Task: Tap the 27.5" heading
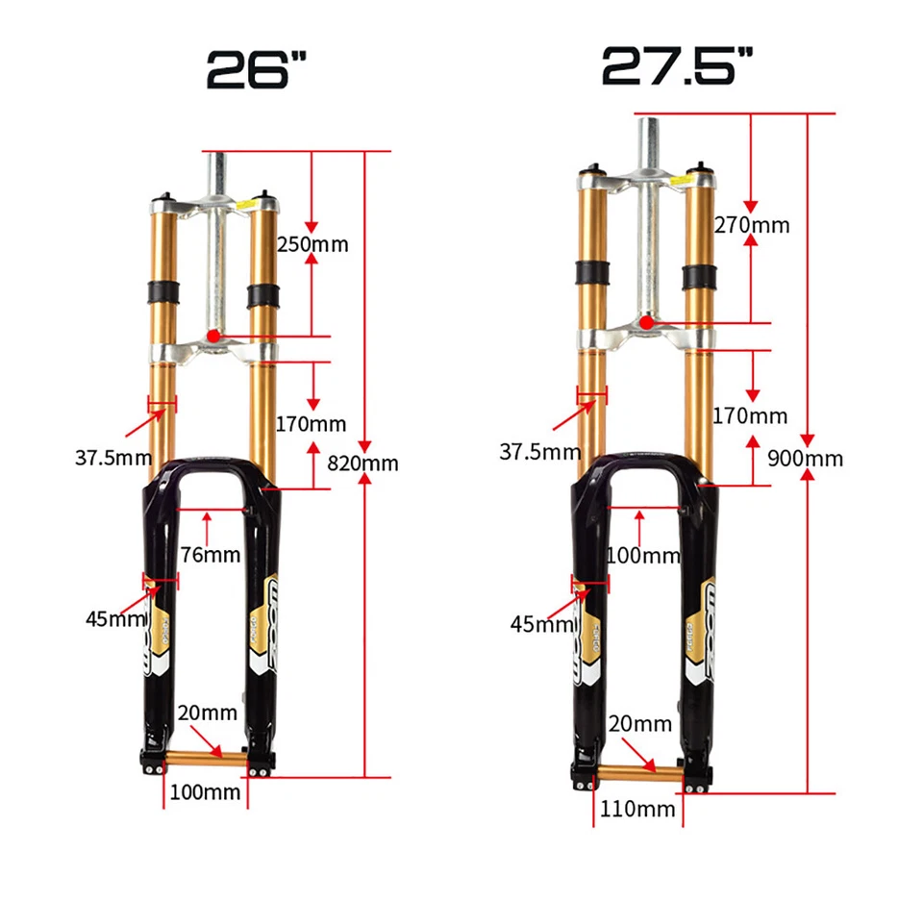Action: (677, 64)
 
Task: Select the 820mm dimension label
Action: (362, 463)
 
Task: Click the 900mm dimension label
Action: (805, 458)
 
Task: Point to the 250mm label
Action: (312, 244)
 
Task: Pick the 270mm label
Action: (751, 225)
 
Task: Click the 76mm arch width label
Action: (210, 555)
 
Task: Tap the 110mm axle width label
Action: (637, 809)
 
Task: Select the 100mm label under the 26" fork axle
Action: (205, 792)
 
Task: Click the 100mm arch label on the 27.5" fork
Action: (642, 556)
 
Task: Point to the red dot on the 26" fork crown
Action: (212, 335)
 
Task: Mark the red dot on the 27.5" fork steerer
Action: (647, 322)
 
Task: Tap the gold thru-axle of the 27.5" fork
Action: (637, 771)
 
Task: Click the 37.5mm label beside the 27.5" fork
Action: (539, 451)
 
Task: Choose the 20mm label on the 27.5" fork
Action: (638, 723)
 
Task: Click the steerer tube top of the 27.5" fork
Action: (648, 119)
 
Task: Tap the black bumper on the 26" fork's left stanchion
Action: (162, 289)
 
